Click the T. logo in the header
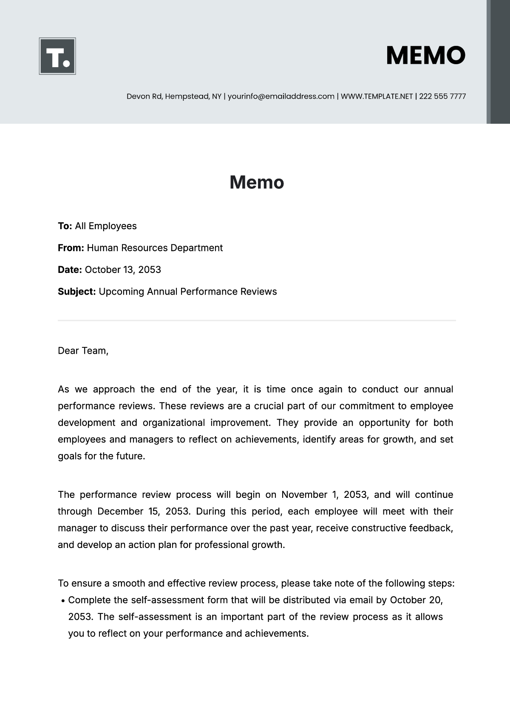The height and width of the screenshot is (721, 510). (x=57, y=56)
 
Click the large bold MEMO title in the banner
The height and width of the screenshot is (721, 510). (x=425, y=56)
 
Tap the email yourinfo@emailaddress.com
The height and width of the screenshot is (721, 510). (x=281, y=97)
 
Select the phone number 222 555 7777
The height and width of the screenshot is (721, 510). (x=442, y=97)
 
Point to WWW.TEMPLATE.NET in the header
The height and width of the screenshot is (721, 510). (x=377, y=97)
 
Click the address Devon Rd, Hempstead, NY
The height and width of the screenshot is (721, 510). (x=174, y=97)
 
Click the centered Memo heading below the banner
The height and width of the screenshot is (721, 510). (x=257, y=182)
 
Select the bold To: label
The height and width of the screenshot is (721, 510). (x=65, y=226)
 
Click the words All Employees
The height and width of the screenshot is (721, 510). (x=106, y=226)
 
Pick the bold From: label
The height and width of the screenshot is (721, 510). (x=71, y=248)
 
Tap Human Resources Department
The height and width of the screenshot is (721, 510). (x=155, y=248)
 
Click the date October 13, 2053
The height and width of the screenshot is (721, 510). (x=123, y=270)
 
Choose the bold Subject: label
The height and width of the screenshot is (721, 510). (x=77, y=292)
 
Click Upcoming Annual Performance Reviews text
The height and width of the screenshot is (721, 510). (x=187, y=292)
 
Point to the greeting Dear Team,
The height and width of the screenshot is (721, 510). (x=83, y=351)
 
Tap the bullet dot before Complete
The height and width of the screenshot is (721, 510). (x=63, y=601)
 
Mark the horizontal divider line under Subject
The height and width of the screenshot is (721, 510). (x=257, y=320)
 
